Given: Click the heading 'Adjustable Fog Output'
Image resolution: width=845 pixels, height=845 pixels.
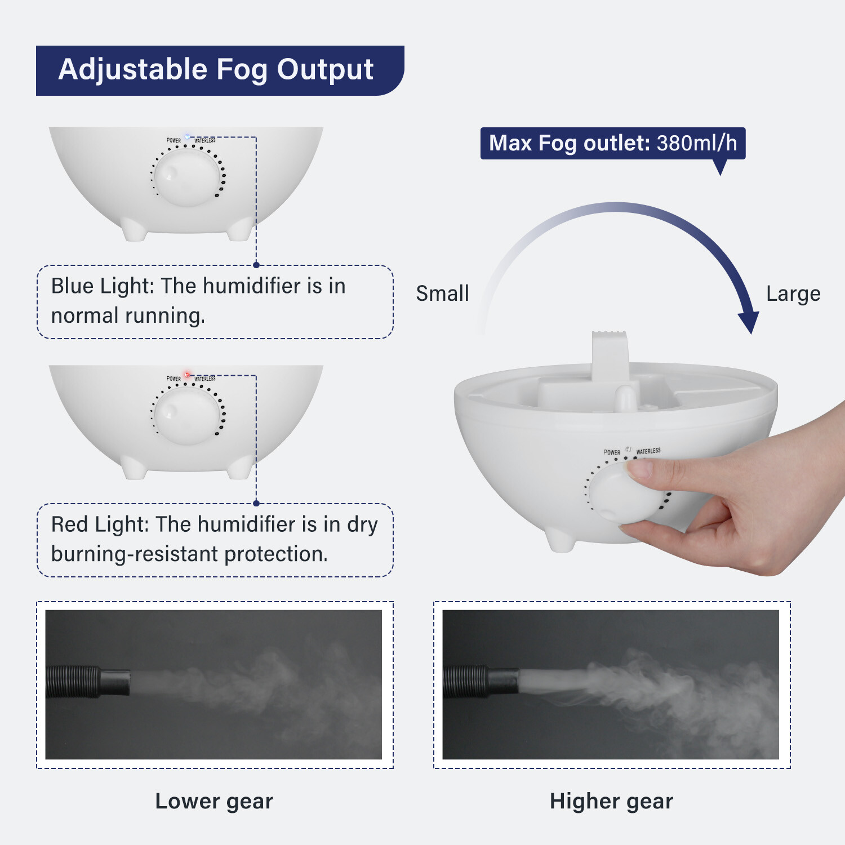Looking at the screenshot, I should click(216, 70).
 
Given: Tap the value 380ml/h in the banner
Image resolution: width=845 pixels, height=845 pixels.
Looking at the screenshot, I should click(697, 143).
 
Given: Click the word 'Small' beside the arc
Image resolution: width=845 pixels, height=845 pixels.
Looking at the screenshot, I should click(442, 293).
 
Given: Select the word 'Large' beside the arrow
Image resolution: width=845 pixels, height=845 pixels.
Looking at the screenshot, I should click(793, 293).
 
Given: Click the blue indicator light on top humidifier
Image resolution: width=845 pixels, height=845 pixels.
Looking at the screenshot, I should click(188, 137).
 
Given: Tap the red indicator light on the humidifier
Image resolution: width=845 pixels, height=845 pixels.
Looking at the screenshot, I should click(188, 375).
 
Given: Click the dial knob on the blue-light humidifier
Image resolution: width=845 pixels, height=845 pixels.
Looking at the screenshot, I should click(186, 176).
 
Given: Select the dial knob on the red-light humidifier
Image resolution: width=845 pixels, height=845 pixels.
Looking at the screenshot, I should click(186, 415).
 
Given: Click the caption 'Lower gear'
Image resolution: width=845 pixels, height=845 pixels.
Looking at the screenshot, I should click(214, 801).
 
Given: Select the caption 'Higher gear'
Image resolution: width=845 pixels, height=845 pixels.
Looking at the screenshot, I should click(611, 801).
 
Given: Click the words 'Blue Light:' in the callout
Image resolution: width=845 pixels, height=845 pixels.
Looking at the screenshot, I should click(102, 286).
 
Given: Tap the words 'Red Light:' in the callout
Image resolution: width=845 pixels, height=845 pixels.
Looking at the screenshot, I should click(99, 524).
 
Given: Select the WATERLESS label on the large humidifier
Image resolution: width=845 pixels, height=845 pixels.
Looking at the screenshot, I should click(648, 451).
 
